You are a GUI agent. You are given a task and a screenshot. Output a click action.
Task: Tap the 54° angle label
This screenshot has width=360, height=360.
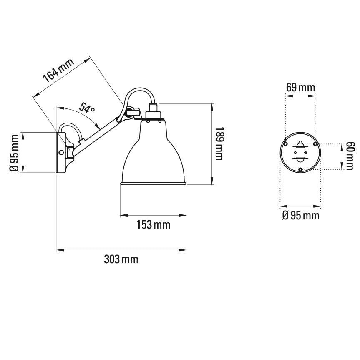click(x=87, y=108)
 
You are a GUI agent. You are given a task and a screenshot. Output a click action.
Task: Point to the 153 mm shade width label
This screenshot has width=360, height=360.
click(x=153, y=225)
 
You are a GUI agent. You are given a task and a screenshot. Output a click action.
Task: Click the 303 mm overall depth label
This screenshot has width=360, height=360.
click(x=121, y=259)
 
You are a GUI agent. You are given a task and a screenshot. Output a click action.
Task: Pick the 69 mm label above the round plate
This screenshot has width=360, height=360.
click(x=300, y=88)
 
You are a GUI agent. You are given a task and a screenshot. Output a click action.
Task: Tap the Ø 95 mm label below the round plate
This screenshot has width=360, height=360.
click(x=300, y=216)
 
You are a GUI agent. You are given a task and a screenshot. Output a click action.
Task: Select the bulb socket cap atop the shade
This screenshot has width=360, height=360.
click(x=153, y=113)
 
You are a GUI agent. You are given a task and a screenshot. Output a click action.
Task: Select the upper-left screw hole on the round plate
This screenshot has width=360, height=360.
click(x=286, y=144)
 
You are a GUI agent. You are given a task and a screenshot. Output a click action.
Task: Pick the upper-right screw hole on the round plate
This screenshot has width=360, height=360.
click(x=315, y=144)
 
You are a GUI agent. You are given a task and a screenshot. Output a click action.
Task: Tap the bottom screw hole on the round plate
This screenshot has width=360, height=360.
click(x=300, y=169)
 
